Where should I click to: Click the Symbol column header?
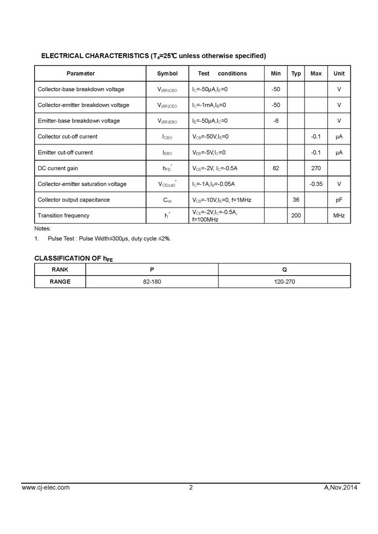(x=167, y=73)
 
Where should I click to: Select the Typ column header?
(x=296, y=73)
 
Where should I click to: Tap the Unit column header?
(x=339, y=73)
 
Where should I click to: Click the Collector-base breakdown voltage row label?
(x=81, y=90)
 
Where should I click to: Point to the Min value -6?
(x=276, y=121)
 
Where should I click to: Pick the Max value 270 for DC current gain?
(x=316, y=168)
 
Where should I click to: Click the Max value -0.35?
(x=316, y=184)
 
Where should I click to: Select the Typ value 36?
(x=296, y=200)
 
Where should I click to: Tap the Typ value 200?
(x=296, y=215)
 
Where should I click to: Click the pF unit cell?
(x=339, y=200)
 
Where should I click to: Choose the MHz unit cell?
(x=339, y=215)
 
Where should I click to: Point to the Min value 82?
(x=276, y=168)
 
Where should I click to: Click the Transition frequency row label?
(x=63, y=215)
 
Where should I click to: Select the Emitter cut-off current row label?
(x=65, y=153)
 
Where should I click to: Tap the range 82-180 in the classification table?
(x=152, y=282)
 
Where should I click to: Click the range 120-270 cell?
(x=284, y=282)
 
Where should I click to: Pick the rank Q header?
(x=284, y=270)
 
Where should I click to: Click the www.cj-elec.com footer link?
(x=46, y=487)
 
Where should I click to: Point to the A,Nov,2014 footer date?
(x=341, y=487)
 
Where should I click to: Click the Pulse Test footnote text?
(x=109, y=239)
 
